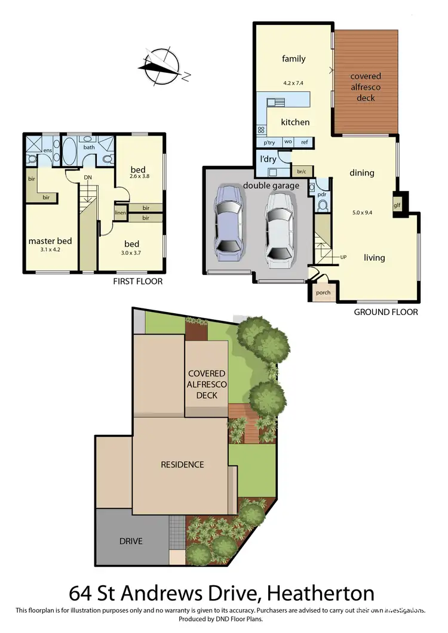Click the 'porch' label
323,292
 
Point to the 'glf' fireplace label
397,205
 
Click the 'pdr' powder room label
321,194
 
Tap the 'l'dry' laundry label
267,160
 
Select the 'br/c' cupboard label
301,172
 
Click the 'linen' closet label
120,212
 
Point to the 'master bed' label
50,241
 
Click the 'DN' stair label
88,177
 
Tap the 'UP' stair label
343,257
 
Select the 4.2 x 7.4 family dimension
293,83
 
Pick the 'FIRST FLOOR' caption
138,281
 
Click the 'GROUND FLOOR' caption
386,312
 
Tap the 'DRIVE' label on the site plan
131,541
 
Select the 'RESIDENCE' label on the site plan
182,464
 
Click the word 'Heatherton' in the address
321,594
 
